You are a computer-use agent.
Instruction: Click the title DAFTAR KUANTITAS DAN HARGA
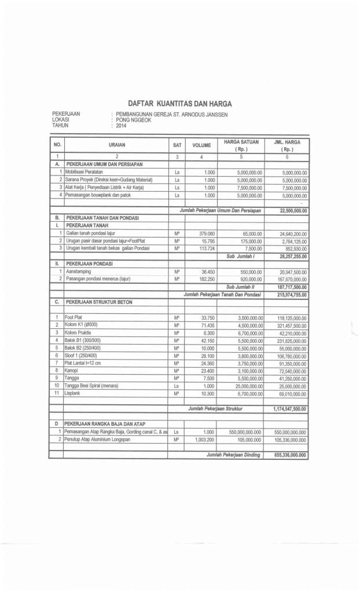click(x=179, y=104)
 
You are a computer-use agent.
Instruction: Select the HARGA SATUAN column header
click(x=241, y=142)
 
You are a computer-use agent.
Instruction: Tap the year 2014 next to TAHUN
click(x=121, y=125)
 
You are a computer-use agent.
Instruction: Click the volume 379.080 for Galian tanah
click(x=204, y=233)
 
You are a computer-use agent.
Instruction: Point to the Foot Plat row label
click(x=74, y=317)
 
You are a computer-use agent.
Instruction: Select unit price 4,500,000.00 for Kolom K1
click(x=247, y=325)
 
